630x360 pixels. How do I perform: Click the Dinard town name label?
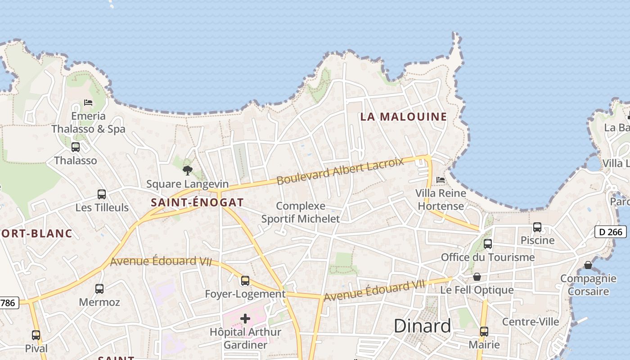[422, 326]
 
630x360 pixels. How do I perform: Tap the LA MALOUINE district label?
[404, 117]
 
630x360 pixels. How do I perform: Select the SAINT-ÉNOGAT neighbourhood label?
[197, 202]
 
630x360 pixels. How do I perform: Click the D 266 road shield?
[611, 232]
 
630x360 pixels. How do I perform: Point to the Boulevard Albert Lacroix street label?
[340, 171]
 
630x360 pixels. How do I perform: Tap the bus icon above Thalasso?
[76, 147]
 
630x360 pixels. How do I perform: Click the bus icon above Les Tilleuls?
[102, 194]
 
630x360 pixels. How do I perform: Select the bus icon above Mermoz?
[99, 288]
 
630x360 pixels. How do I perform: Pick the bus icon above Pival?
[36, 335]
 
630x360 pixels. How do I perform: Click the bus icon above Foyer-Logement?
[245, 281]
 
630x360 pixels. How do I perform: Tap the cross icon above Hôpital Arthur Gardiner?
[245, 319]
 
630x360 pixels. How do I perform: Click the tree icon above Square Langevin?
[188, 171]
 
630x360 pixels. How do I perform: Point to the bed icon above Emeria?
[88, 103]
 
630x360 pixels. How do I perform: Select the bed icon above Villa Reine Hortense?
[441, 180]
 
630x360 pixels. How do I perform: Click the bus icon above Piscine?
[537, 227]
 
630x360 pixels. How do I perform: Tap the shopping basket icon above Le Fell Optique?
[477, 277]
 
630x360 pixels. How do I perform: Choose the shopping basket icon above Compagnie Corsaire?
[588, 265]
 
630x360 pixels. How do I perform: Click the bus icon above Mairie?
[484, 332]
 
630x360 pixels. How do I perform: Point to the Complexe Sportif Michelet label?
[301, 212]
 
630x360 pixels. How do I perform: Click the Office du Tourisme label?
[488, 257]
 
